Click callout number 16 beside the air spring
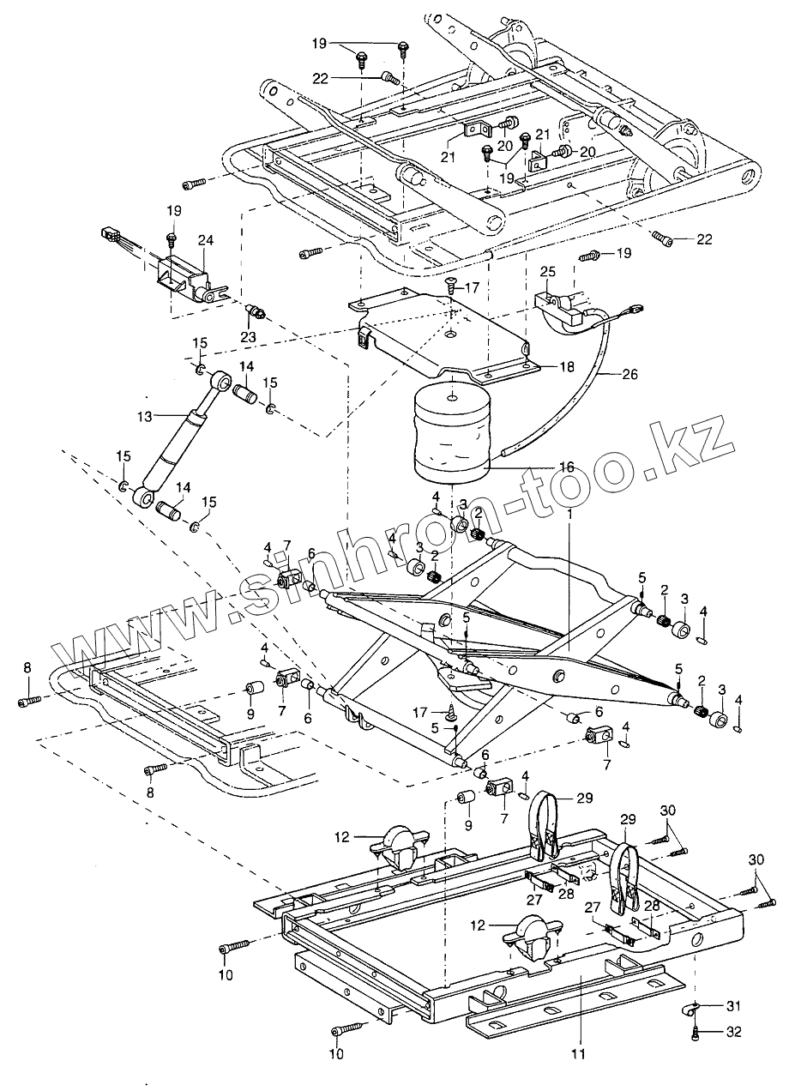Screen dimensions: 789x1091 point(566,467)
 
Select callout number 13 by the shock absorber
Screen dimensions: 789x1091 point(145,417)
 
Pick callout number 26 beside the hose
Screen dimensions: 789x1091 point(629,374)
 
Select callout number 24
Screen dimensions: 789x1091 point(206,240)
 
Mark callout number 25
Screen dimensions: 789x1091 point(548,272)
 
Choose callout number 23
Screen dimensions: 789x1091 point(248,336)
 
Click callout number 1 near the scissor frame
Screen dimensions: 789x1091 point(570,514)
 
